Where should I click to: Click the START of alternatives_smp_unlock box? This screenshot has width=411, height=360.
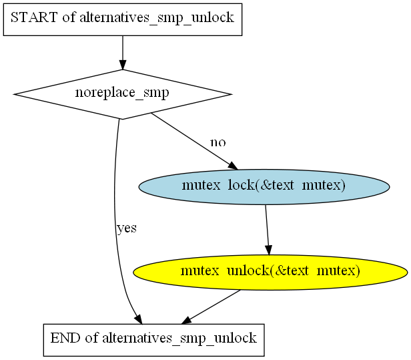click(123, 19)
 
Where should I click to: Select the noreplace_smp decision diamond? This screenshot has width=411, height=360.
click(123, 94)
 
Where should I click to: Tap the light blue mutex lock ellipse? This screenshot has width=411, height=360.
click(264, 187)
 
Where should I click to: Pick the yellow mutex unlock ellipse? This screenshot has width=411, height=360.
click(270, 273)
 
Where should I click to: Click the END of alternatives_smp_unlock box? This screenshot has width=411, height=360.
click(153, 340)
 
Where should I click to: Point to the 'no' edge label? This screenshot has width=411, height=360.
click(218, 142)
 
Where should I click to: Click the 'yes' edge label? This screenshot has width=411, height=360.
click(127, 228)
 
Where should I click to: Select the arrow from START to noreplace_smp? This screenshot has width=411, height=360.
click(123, 53)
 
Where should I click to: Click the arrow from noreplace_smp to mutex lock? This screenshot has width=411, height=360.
click(195, 142)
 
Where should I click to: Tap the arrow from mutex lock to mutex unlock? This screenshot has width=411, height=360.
click(267, 230)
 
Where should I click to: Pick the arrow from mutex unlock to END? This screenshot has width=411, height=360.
click(211, 307)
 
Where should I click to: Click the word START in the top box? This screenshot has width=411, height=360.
click(34, 17)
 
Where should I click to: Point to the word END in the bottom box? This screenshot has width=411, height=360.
click(65, 338)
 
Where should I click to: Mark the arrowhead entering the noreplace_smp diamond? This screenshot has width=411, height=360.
click(123, 65)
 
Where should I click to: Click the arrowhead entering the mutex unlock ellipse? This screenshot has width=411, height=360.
click(269, 250)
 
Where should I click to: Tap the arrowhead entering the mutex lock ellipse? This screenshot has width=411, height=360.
click(233, 166)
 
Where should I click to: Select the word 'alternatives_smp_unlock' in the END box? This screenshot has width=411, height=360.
click(179, 339)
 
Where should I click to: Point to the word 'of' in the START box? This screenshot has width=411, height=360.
click(69, 17)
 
